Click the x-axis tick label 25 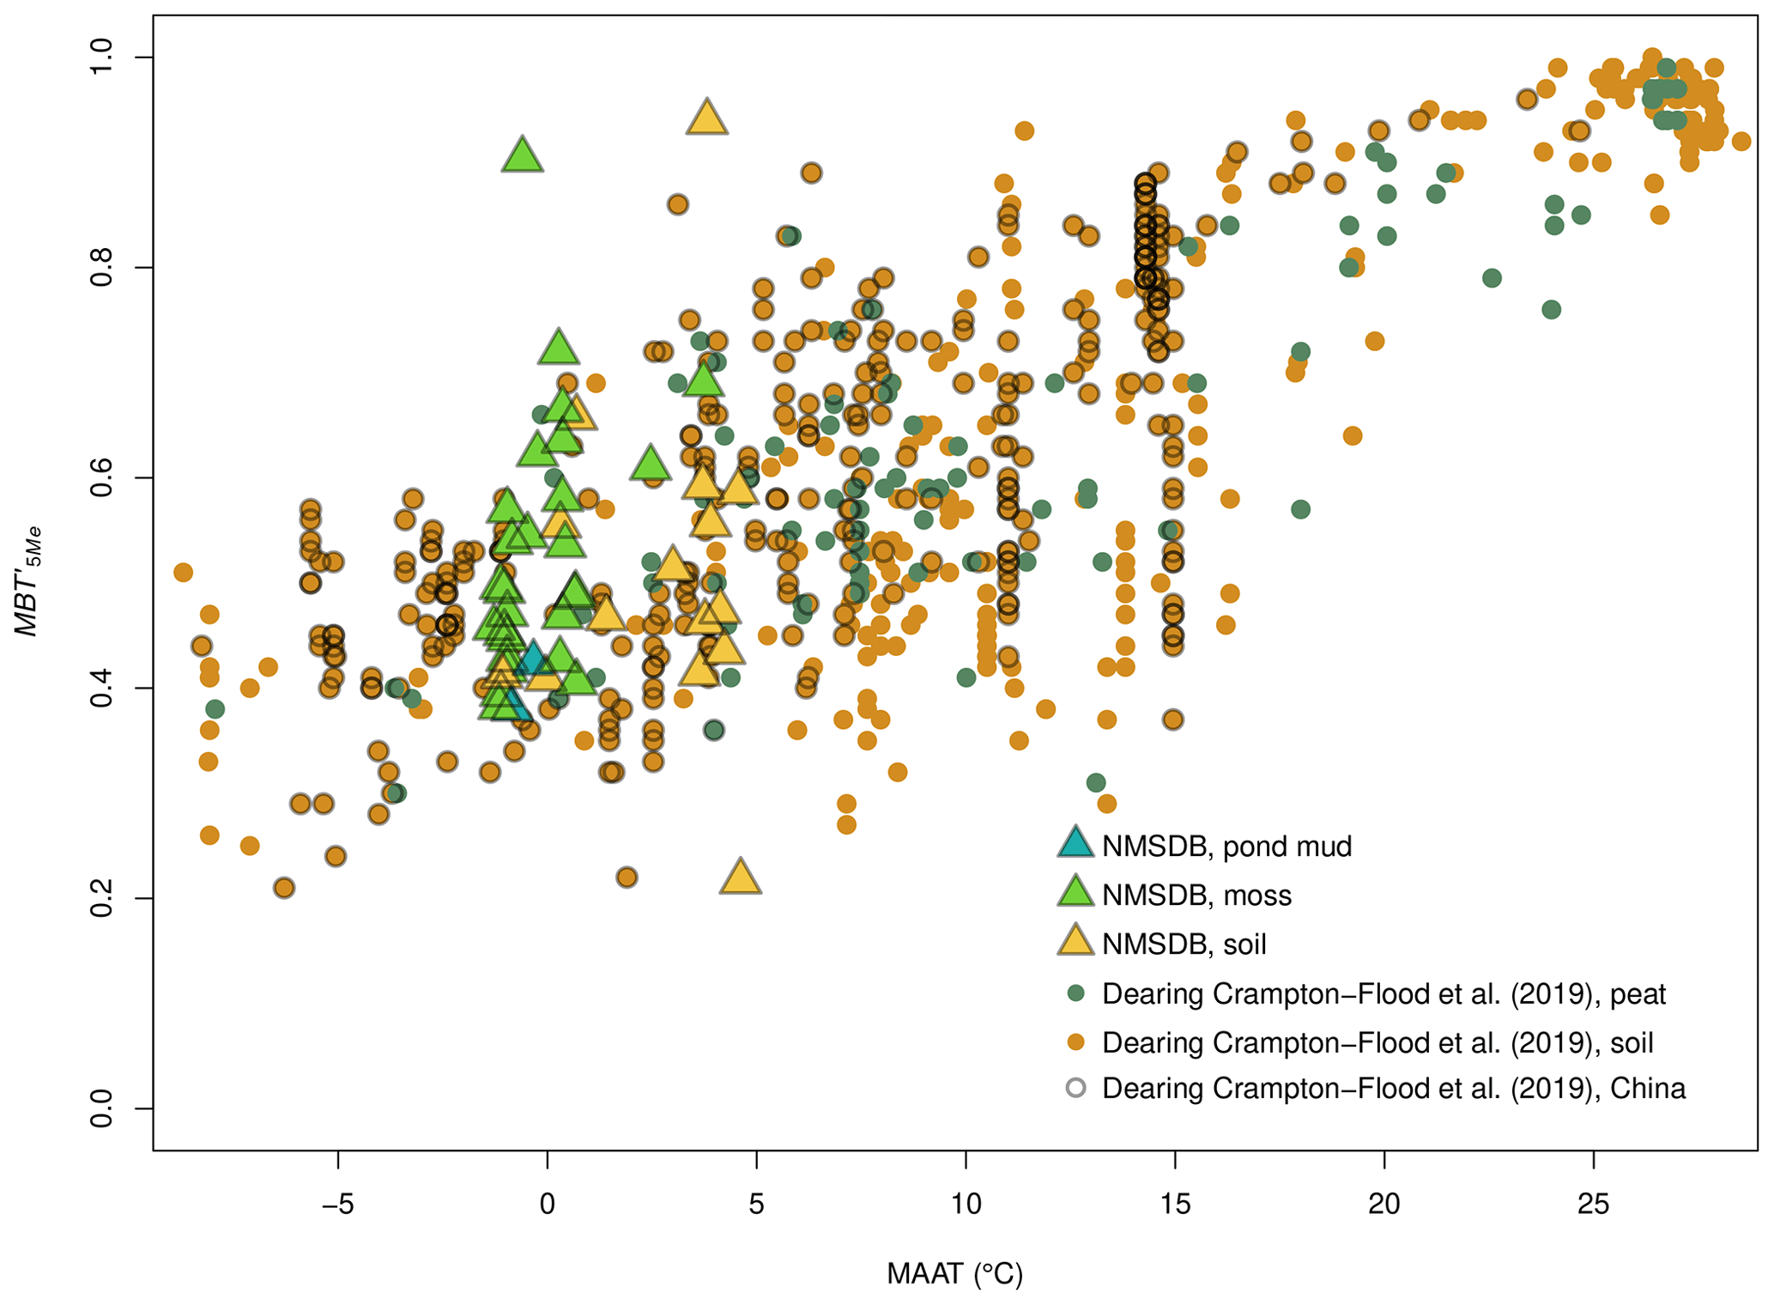coord(1593,1204)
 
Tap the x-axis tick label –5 coord(337,1204)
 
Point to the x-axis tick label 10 coord(966,1204)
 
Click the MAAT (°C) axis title coord(954,1274)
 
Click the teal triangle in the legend coord(1075,843)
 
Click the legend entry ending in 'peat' coord(1383,993)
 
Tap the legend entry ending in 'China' coord(1394,1088)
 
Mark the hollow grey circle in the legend coord(1075,1088)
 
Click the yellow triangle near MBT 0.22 coord(741,877)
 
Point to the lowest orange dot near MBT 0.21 coord(284,888)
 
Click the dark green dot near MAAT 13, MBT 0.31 coord(1096,782)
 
